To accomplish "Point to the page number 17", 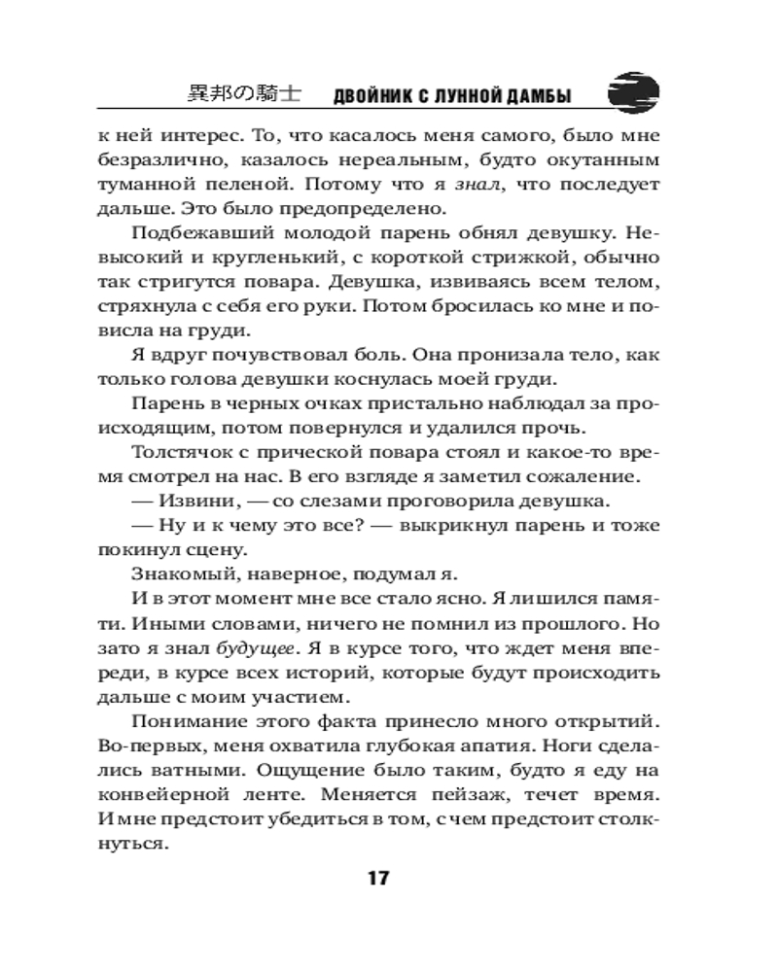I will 377,879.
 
